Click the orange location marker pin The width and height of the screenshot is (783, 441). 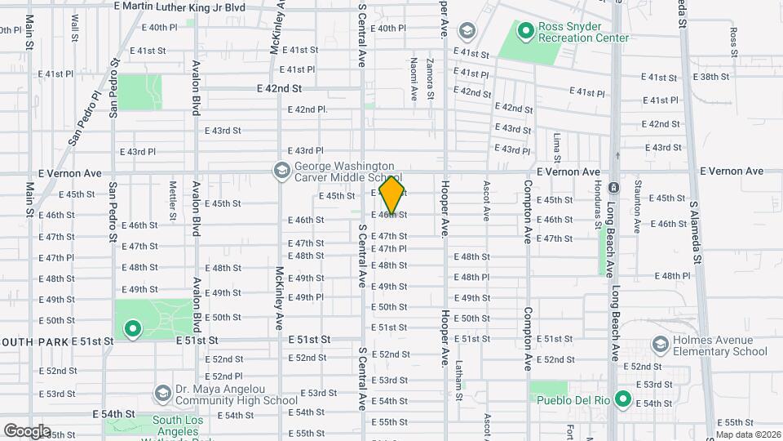[x=392, y=195]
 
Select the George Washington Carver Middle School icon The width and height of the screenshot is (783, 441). [x=282, y=171]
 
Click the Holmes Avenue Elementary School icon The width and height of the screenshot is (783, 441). [x=659, y=345]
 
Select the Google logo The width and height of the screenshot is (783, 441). [x=26, y=430]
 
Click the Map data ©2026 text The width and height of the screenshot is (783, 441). [x=747, y=434]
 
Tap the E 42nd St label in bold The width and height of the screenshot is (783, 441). [x=279, y=88]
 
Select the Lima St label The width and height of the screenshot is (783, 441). [x=556, y=145]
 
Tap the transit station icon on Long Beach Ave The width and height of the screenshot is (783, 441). [x=614, y=187]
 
